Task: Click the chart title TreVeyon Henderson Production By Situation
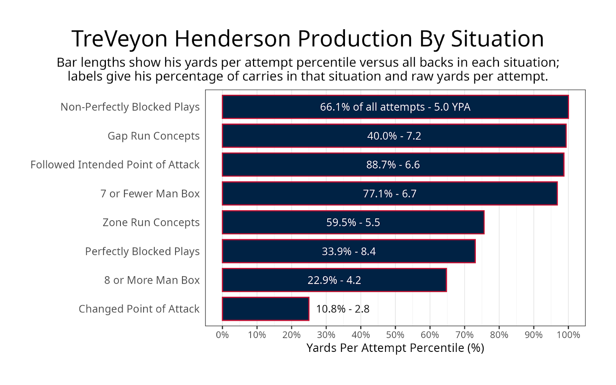coord(308,38)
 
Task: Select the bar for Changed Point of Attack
coord(266,309)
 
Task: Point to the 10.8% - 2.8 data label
coord(343,309)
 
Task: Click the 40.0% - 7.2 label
coord(394,136)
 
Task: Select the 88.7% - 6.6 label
coord(393,165)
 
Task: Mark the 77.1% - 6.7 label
coord(390,194)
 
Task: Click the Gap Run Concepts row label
coord(153,136)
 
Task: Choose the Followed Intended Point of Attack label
coord(115,165)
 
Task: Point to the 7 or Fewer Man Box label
coord(150,194)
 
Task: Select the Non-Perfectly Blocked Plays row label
coord(130,107)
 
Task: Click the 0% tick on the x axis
coord(222,335)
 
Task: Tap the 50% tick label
coord(395,335)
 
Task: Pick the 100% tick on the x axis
coord(568,335)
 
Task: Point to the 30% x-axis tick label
coord(326,335)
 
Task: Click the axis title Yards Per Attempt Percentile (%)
coord(395,348)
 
